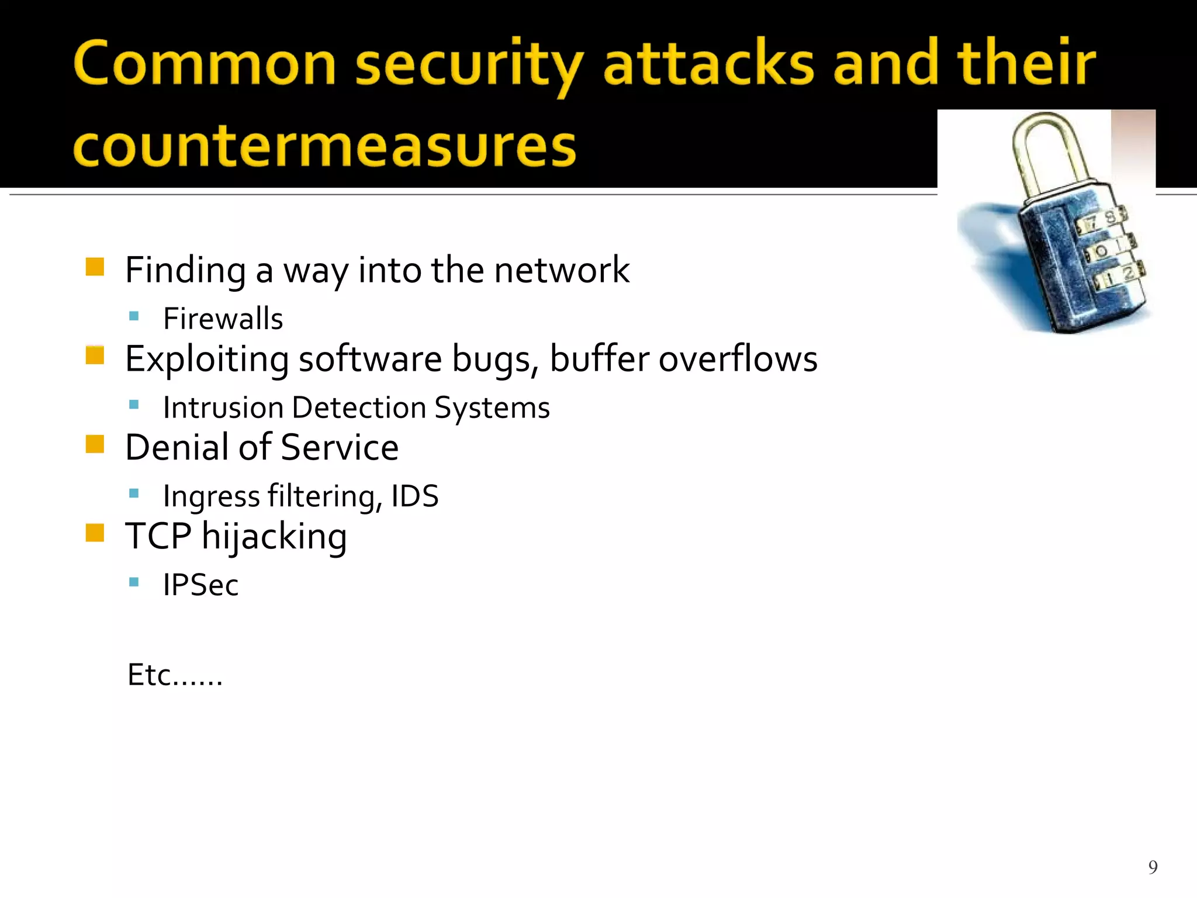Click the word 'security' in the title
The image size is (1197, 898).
469,64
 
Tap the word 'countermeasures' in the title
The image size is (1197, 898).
325,146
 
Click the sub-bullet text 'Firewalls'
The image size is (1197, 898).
223,319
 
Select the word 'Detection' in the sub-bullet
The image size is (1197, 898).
359,407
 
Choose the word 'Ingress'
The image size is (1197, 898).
211,497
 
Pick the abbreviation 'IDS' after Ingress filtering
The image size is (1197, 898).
415,496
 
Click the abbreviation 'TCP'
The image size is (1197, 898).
158,536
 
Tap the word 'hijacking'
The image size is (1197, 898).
274,537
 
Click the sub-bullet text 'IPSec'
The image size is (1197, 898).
200,585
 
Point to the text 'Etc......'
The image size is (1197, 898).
175,675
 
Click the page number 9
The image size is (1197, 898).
1153,866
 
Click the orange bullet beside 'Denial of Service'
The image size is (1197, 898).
95,444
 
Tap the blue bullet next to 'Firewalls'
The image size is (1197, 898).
134,316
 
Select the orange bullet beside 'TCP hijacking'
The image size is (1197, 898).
95,533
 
